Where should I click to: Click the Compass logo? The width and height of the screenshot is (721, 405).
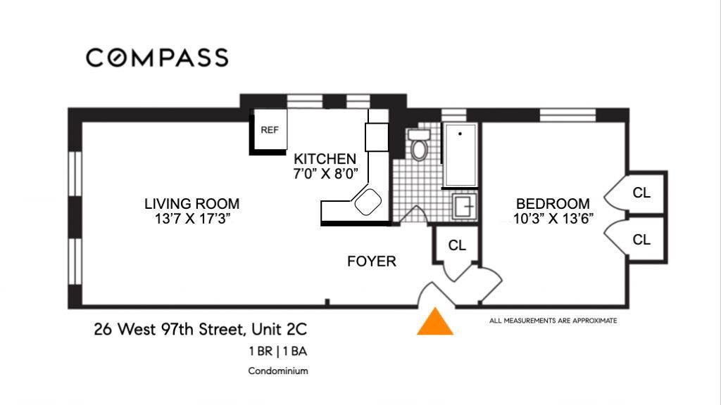coord(157,58)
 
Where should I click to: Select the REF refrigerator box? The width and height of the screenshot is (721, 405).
coord(269,130)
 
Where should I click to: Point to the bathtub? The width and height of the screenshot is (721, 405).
coord(460,155)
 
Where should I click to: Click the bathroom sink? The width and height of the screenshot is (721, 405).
coord(465,206)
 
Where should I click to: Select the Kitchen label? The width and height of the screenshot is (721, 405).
coord(325,159)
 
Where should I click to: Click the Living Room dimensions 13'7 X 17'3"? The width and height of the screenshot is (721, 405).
coord(192,219)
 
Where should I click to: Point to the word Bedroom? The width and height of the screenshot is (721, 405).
coord(553,203)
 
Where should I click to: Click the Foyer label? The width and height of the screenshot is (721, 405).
coord(372,262)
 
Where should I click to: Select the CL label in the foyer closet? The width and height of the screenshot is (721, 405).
coord(457,245)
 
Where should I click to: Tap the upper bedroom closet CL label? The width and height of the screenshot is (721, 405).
coord(641,193)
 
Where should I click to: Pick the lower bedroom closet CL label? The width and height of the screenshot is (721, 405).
coord(641,239)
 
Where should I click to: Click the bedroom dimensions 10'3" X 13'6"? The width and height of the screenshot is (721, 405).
coord(553,219)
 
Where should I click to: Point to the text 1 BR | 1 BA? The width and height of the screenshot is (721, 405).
coord(277,352)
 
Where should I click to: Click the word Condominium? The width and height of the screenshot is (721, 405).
coord(278,371)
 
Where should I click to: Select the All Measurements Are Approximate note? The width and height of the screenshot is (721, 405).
coord(553,321)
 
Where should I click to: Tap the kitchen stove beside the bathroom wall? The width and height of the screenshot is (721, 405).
coord(377,137)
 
